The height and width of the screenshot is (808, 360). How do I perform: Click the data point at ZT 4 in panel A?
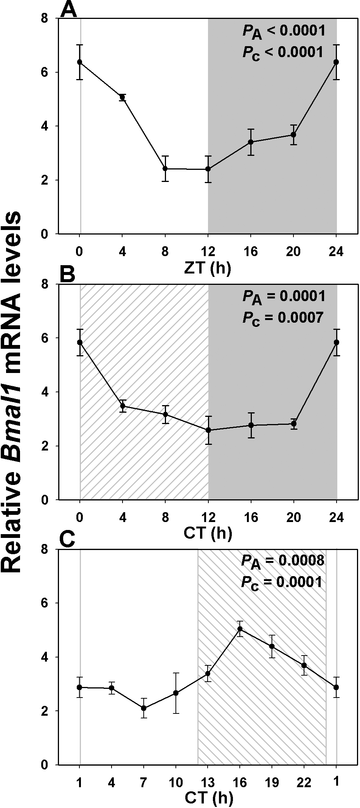[123, 97]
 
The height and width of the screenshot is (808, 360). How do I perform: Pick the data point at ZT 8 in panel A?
[165, 168]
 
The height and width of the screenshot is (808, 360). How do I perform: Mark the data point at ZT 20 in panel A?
[293, 135]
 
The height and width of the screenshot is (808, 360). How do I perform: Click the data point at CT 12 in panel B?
[208, 430]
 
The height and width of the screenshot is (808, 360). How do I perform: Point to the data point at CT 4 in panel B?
[123, 406]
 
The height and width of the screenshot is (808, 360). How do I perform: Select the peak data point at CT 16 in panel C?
[240, 629]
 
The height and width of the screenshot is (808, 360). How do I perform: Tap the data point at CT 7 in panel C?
[144, 708]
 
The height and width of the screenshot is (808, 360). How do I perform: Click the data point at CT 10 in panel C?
[175, 693]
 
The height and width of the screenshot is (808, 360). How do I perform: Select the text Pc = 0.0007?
[283, 318]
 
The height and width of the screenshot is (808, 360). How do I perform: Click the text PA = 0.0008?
[283, 560]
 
